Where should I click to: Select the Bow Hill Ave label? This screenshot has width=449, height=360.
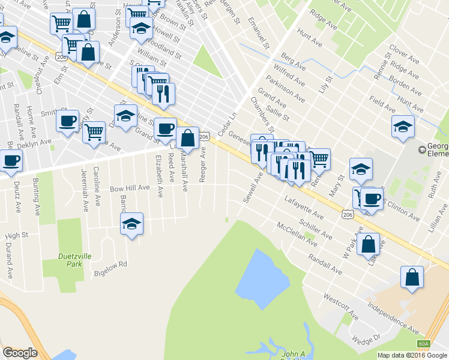pos(129,188)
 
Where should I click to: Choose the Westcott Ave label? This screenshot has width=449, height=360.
pos(341,307)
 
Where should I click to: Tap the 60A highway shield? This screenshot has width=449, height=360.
pos(424,344)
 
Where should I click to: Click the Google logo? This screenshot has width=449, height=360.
pos(20,353)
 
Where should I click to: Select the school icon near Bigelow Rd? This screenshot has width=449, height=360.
pos(132,224)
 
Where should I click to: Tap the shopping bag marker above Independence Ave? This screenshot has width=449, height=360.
pos(412,277)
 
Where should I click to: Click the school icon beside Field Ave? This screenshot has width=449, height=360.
pos(403,127)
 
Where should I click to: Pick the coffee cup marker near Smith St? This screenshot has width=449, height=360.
pos(67,120)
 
